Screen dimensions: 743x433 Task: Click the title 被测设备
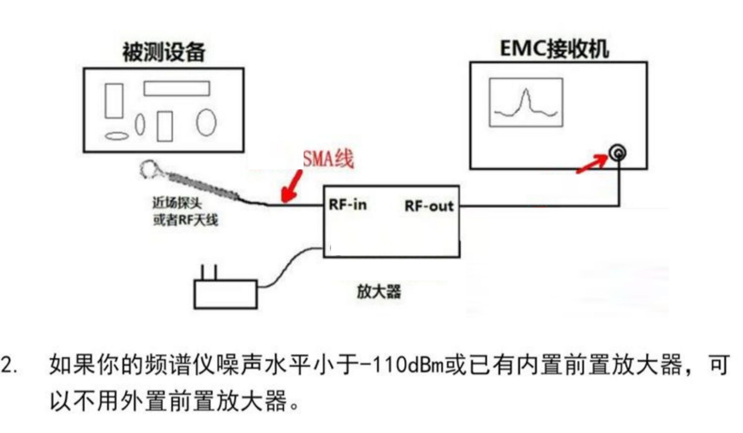pos(164,52)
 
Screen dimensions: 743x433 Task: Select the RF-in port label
pos(348,205)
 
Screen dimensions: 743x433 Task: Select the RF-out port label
pos(429,206)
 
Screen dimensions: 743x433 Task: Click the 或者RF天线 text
pos(185,220)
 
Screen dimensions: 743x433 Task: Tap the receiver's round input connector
pos(618,153)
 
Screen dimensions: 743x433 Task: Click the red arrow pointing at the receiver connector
pos(592,164)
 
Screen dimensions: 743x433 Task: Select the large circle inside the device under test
pos(206,122)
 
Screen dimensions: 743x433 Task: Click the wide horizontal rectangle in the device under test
pos(177,88)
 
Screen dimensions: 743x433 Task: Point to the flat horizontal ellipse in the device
pos(117,136)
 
